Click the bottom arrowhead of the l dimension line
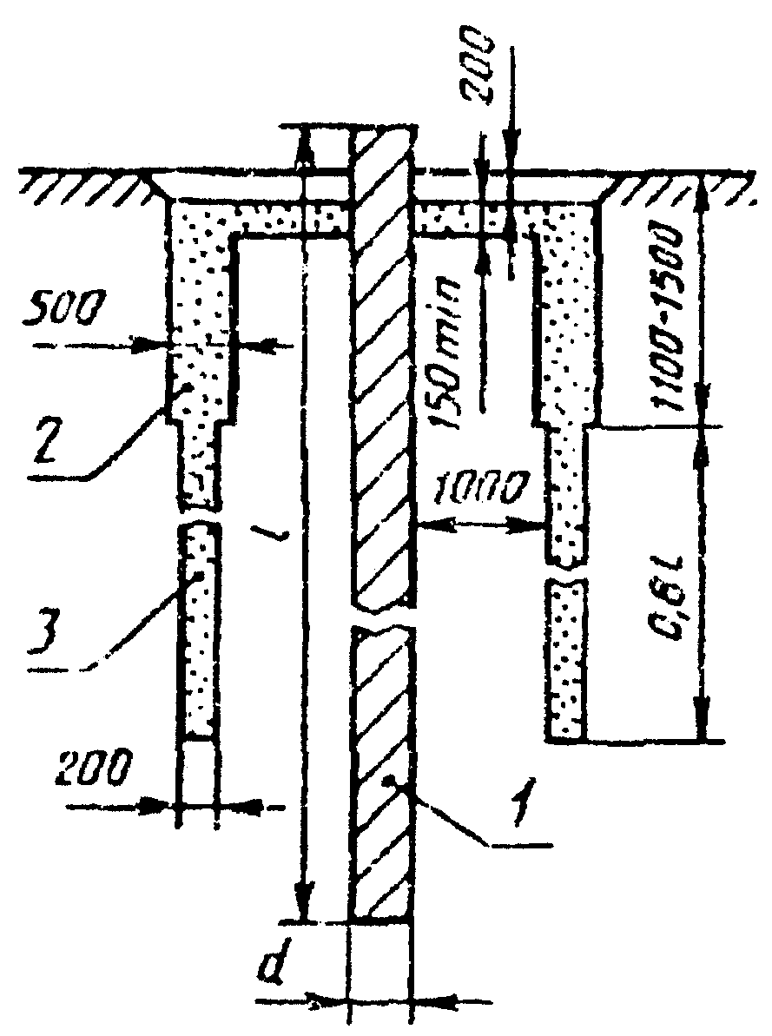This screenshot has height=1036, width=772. point(301,907)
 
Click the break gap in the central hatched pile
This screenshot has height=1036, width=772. point(382,615)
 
